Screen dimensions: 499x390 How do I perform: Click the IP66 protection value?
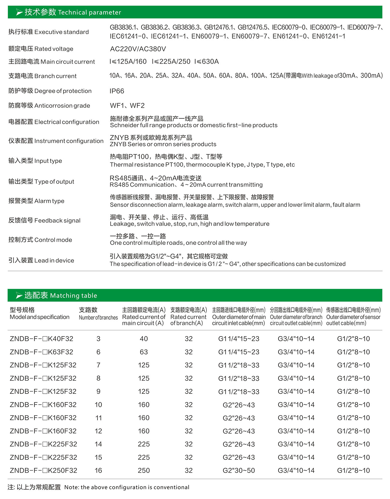click(x=117, y=91)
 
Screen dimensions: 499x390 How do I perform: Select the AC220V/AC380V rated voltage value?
click(x=138, y=49)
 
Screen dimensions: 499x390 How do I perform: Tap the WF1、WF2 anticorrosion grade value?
click(x=127, y=106)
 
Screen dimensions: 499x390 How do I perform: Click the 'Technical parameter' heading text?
click(x=89, y=12)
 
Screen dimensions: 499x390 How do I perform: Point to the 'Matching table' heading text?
click(x=73, y=296)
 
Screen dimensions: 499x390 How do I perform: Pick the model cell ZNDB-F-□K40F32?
click(x=41, y=339)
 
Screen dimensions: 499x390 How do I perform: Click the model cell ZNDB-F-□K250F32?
click(x=43, y=470)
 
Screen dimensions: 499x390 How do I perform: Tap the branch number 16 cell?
click(x=98, y=470)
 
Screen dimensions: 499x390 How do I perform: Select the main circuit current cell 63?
click(x=144, y=352)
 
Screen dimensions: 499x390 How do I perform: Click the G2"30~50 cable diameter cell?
click(x=238, y=470)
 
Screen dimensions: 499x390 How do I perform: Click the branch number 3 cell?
click(x=98, y=339)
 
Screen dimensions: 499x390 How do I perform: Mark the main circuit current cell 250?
click(x=144, y=470)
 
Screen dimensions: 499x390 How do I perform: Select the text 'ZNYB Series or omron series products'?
click(x=163, y=144)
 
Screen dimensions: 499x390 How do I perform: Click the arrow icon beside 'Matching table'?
click(x=19, y=296)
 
